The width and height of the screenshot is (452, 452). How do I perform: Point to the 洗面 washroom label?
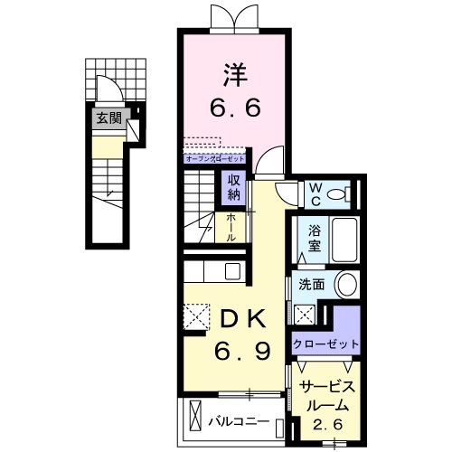pyautogui.click(x=312, y=284)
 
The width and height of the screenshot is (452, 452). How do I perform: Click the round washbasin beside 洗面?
pyautogui.click(x=346, y=284)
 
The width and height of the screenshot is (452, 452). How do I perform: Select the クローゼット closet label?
pyautogui.click(x=326, y=344)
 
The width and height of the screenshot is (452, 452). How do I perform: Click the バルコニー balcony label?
pyautogui.click(x=237, y=420)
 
